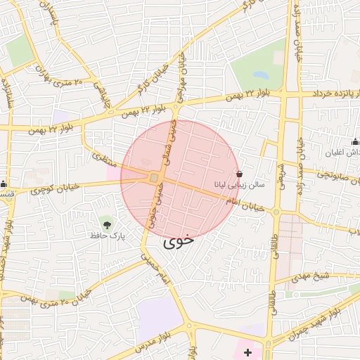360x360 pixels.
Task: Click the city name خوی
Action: click(179, 243)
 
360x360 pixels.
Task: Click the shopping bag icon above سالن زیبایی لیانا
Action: click(240, 174)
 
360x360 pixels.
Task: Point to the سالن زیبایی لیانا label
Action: click(239, 186)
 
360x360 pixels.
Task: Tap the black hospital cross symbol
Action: click(247, 351)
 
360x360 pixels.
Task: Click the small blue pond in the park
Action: click(259, 74)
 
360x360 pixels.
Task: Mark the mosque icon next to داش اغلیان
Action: click(354, 142)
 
